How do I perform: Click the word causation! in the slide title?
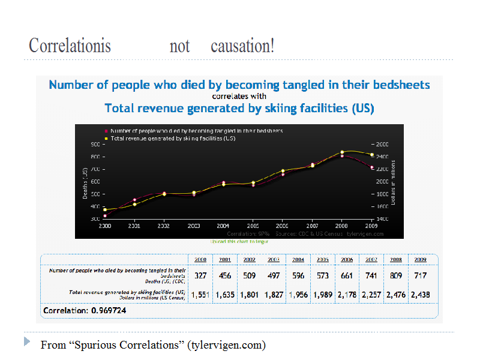click(242, 46)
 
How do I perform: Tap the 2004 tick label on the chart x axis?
click(223, 226)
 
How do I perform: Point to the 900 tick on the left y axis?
click(95, 144)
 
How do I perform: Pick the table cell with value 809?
click(396, 276)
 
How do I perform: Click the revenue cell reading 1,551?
click(199, 295)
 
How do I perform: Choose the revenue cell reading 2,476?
click(396, 295)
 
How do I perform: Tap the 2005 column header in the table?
click(322, 260)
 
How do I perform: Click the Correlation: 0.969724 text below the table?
click(88, 311)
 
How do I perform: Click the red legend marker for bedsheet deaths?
click(106, 130)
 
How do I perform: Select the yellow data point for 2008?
click(342, 152)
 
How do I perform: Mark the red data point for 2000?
click(104, 215)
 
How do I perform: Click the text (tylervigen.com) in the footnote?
click(226, 345)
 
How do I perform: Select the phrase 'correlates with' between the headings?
click(239, 95)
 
